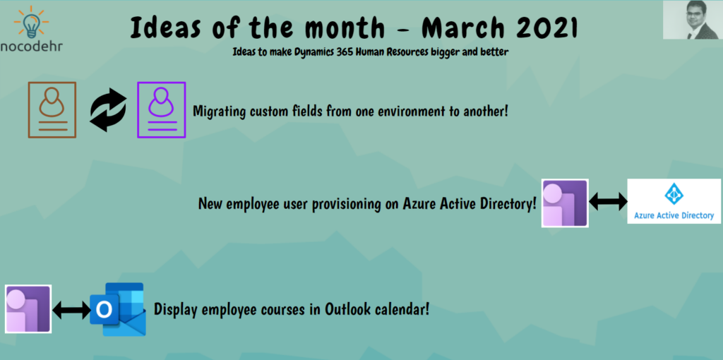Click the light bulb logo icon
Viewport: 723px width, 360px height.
(31, 22)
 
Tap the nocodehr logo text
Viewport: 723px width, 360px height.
(31, 47)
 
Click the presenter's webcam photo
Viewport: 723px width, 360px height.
(693, 20)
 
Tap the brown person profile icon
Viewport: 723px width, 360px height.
(52, 109)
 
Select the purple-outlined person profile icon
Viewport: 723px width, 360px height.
(162, 109)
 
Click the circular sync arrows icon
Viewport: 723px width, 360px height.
(108, 109)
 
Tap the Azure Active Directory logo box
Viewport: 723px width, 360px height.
(674, 201)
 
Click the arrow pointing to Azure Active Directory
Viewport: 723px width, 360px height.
(608, 202)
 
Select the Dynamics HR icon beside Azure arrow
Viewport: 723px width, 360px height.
(565, 203)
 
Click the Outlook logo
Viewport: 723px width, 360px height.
(118, 309)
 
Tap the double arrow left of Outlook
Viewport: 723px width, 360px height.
(71, 310)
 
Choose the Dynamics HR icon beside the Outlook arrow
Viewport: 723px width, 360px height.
(28, 309)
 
